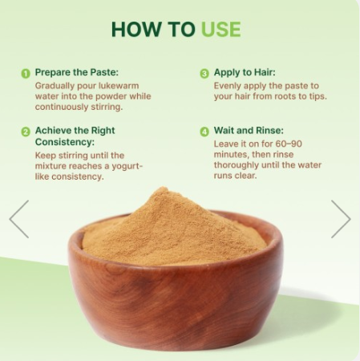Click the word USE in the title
220,29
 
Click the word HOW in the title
136,29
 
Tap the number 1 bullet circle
26,74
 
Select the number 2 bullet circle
26,132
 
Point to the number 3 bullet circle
204,74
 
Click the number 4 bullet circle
204,132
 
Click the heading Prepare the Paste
77,72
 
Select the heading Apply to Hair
245,72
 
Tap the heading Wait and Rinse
249,130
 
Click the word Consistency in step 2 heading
65,142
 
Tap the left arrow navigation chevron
19,219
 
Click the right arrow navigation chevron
341,219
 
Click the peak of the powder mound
162,188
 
